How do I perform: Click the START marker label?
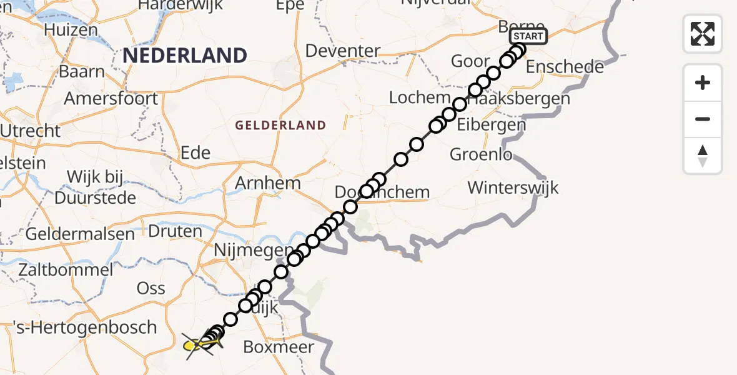(528, 36)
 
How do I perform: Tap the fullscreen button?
(703, 33)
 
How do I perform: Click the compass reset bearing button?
(703, 156)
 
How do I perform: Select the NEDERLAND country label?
(185, 56)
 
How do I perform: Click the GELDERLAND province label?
(280, 126)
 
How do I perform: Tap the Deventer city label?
(343, 51)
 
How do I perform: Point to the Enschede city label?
(565, 66)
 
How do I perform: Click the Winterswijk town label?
(513, 187)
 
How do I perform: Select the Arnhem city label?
(268, 183)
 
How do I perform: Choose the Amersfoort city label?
(111, 98)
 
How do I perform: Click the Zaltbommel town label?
(66, 270)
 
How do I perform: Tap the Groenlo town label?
(482, 154)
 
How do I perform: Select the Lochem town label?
(420, 97)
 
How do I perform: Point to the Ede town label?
(195, 152)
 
